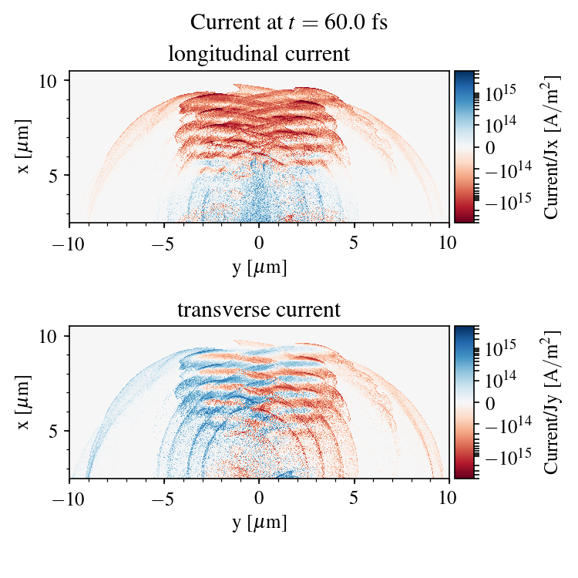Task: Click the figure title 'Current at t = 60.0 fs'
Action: coord(288,22)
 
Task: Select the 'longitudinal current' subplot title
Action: coord(259,55)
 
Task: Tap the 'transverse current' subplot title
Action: coord(259,311)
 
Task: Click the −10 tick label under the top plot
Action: coord(69,243)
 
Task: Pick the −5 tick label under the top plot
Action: coord(164,243)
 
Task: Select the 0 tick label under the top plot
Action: coord(259,243)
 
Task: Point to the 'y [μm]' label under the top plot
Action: coord(259,267)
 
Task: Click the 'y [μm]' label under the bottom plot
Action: coord(259,523)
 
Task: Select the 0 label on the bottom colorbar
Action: coord(491,402)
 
